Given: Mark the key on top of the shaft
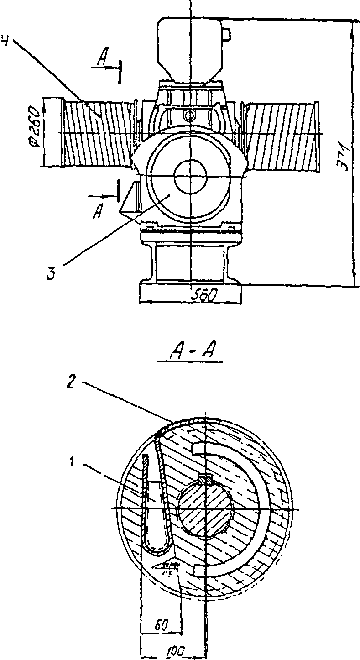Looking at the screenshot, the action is [x=206, y=480].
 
